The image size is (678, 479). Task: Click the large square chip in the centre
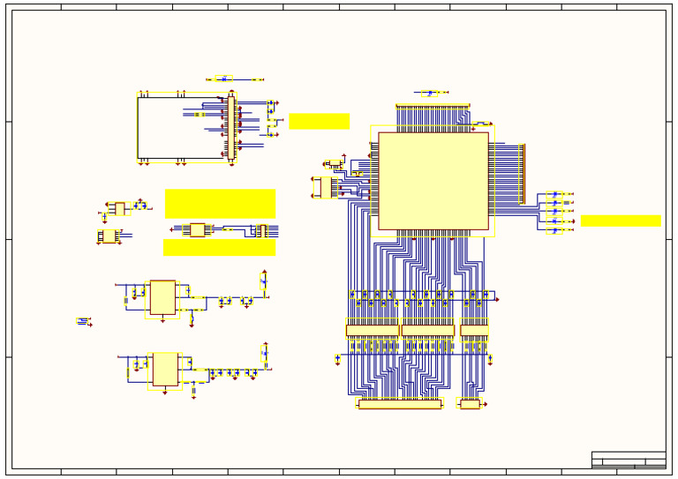tap(433, 181)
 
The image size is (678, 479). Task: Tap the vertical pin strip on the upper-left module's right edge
tap(232, 128)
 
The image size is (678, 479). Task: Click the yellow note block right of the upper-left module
tap(319, 121)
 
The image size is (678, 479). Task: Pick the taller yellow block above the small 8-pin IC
tap(220, 203)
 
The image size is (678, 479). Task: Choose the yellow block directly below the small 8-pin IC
tap(219, 248)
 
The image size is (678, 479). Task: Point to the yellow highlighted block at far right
tap(620, 221)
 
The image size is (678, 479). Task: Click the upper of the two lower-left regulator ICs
tap(162, 297)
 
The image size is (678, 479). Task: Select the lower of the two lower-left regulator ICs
tap(165, 369)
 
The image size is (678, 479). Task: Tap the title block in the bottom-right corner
tap(628, 460)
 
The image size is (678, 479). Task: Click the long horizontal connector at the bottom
tap(399, 404)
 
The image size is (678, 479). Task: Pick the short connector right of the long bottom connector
tap(470, 404)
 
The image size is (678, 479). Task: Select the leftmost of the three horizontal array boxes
tap(373, 331)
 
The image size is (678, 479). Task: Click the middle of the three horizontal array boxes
tap(428, 331)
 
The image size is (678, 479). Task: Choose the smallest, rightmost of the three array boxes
tap(474, 331)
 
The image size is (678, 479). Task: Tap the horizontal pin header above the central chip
tap(432, 107)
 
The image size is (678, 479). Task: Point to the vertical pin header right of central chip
tap(522, 174)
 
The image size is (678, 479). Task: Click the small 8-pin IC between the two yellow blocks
tap(198, 229)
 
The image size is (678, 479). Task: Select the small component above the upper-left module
tap(223, 79)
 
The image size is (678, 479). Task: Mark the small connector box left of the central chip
tap(326, 187)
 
